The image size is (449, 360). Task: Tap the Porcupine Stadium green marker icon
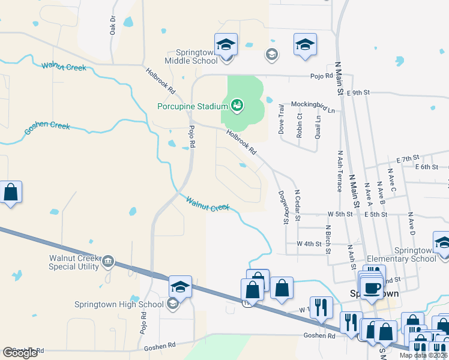(237, 106)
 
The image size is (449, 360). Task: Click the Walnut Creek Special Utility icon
(108, 260)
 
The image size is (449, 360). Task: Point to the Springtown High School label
(118, 304)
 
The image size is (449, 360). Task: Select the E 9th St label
(360, 93)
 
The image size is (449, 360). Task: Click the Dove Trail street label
(281, 118)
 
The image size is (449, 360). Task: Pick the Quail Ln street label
(318, 127)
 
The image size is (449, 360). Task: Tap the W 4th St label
(310, 244)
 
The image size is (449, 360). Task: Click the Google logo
(20, 353)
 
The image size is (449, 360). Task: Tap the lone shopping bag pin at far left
(11, 193)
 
